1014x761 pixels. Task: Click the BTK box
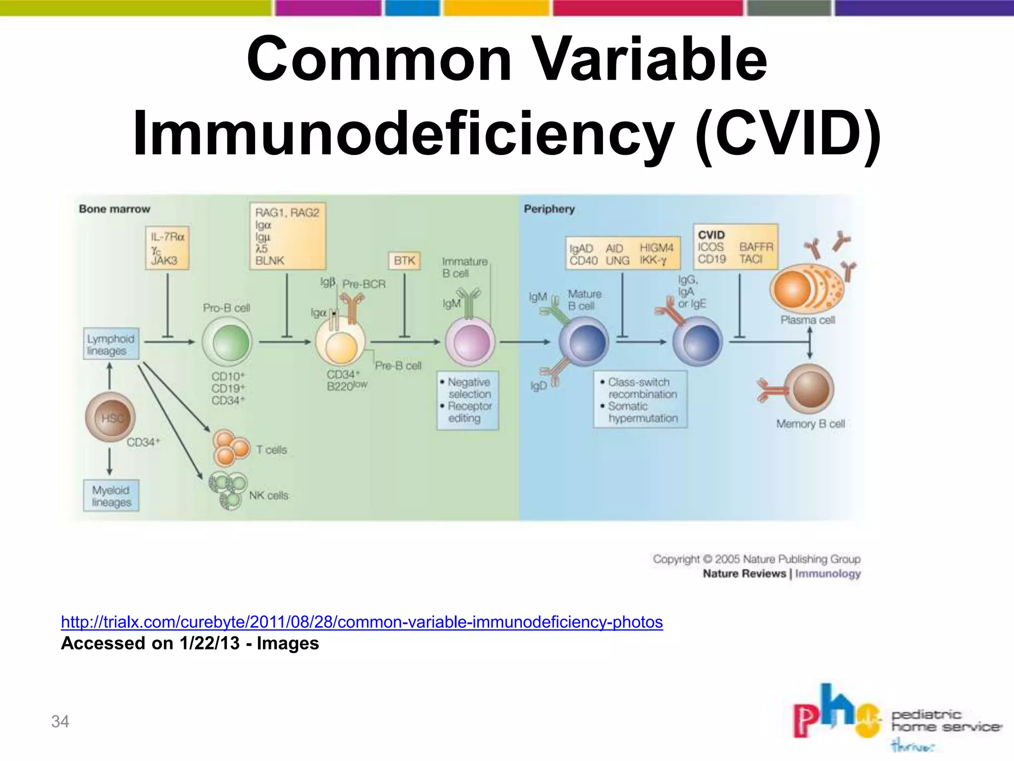point(404,261)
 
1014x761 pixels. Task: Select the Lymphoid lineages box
point(111,344)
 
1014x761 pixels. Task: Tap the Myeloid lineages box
point(111,496)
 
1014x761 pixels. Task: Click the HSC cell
point(110,417)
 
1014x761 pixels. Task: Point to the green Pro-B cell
point(227,342)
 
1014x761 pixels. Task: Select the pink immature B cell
point(470,342)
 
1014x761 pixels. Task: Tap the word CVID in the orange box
point(711,235)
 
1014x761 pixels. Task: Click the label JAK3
point(164,261)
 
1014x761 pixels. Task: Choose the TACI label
point(751,259)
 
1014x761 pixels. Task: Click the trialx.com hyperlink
point(361,622)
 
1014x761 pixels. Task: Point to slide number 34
point(60,721)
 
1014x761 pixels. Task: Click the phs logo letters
point(832,713)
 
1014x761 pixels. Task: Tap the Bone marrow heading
point(114,209)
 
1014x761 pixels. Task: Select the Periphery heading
point(549,209)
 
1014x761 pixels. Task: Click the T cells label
point(271,450)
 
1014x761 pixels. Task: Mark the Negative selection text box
point(468,400)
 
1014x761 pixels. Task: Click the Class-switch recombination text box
point(640,400)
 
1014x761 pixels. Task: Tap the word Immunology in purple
point(828,574)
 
